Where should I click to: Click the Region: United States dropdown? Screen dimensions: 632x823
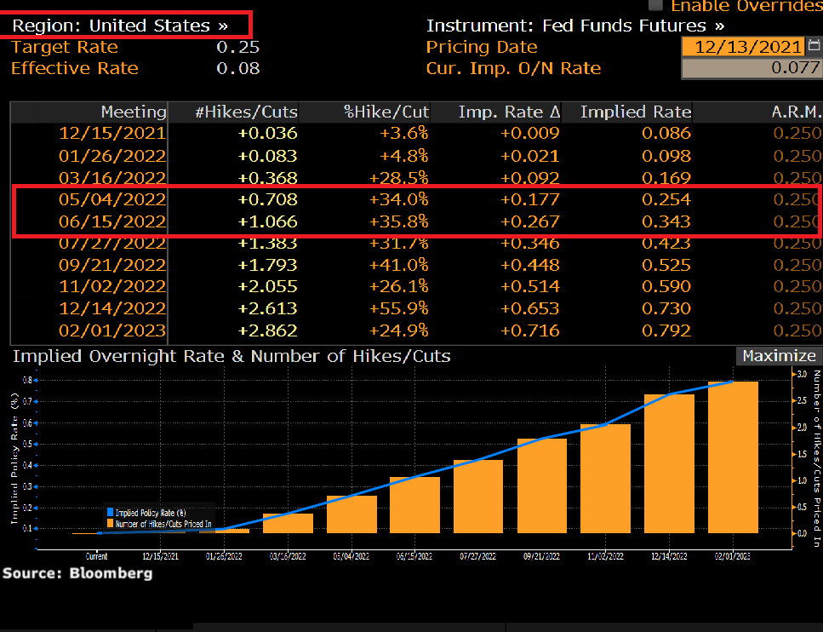pyautogui.click(x=120, y=26)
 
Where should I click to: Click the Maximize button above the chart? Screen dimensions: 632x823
pyautogui.click(x=778, y=356)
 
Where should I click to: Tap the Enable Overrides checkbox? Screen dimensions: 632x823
pyautogui.click(x=655, y=5)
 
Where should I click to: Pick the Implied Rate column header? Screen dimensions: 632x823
pyautogui.click(x=635, y=112)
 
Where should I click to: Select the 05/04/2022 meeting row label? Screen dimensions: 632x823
pyautogui.click(x=112, y=199)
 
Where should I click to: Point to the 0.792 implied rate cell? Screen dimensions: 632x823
pyautogui.click(x=666, y=330)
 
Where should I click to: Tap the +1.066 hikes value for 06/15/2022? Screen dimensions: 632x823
pyautogui.click(x=268, y=221)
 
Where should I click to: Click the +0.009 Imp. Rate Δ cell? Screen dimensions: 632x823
pyautogui.click(x=529, y=133)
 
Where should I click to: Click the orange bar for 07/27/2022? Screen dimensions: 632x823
pyautogui.click(x=478, y=497)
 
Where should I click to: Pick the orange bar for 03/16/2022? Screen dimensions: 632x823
pyautogui.click(x=288, y=523)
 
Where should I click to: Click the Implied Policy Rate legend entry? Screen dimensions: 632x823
pyautogui.click(x=150, y=512)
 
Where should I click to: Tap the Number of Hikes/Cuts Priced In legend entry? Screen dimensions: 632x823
pyautogui.click(x=162, y=524)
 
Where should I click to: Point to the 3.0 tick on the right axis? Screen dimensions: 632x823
pyautogui.click(x=800, y=374)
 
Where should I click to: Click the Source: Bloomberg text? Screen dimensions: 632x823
pyautogui.click(x=77, y=573)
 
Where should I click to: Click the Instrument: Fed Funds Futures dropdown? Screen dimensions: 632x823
pyautogui.click(x=575, y=26)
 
